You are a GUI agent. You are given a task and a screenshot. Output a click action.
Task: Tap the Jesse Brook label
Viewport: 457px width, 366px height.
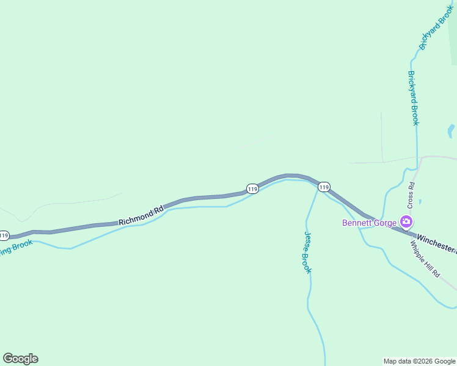[x=308, y=253]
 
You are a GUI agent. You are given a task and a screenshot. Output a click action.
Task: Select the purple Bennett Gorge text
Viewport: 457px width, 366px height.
[x=369, y=222]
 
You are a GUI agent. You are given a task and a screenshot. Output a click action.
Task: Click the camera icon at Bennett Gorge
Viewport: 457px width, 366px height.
[x=405, y=221]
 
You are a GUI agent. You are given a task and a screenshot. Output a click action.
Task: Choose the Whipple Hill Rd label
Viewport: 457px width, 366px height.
[x=425, y=259]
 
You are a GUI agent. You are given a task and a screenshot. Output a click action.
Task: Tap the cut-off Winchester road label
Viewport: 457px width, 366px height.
[x=436, y=242]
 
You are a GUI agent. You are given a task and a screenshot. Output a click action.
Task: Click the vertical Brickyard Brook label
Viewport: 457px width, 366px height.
[x=414, y=98]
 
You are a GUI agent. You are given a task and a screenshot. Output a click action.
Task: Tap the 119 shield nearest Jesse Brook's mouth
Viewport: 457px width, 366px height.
[x=324, y=187]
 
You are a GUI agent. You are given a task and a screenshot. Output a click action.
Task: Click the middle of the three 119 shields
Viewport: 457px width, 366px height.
[x=252, y=189]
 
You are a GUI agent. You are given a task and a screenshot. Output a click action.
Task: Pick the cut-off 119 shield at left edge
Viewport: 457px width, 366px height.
[x=4, y=235]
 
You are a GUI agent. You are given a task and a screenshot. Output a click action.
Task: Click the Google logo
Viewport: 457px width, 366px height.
[x=20, y=359]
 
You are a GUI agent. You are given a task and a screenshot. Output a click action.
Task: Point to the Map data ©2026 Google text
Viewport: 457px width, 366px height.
[x=420, y=361]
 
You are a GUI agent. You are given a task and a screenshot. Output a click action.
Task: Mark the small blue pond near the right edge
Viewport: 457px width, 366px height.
[x=451, y=130]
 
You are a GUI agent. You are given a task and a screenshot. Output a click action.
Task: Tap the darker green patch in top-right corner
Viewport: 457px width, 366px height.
[x=453, y=37]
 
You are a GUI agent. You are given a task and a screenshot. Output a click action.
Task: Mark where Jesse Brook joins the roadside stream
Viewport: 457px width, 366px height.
[x=318, y=186]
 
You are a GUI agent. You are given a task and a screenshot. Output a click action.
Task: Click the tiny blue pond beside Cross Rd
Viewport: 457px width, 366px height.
[x=420, y=201]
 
